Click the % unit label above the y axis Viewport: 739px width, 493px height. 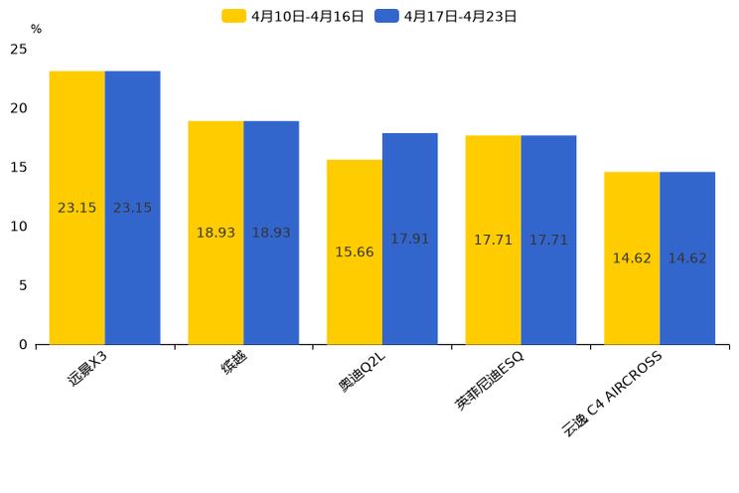pyautogui.click(x=36, y=30)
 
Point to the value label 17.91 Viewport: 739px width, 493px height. pyautogui.click(x=409, y=240)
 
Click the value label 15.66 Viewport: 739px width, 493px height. pyautogui.click(x=355, y=252)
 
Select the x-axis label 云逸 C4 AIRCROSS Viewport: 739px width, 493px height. pyautogui.click(x=612, y=394)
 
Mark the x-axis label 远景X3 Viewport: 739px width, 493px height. pyautogui.click(x=87, y=368)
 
